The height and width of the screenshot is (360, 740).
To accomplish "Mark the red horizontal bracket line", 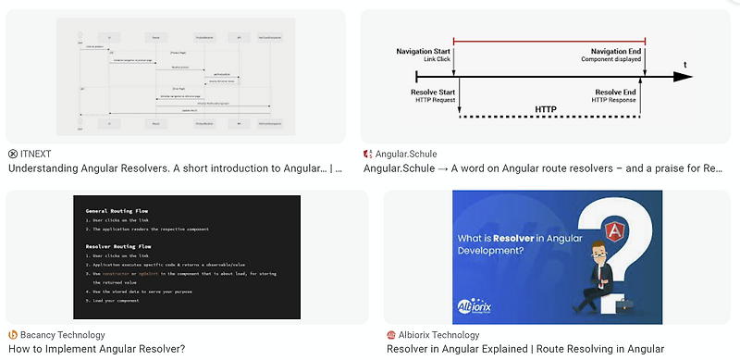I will click(x=551, y=41).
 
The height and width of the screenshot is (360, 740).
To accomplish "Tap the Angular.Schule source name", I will click(x=406, y=154).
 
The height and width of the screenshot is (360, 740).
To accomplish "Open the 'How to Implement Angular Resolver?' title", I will click(x=96, y=349).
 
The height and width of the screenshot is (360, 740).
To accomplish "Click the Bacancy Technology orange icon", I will click(x=13, y=334).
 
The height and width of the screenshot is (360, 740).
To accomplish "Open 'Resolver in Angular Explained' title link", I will click(x=524, y=349).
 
